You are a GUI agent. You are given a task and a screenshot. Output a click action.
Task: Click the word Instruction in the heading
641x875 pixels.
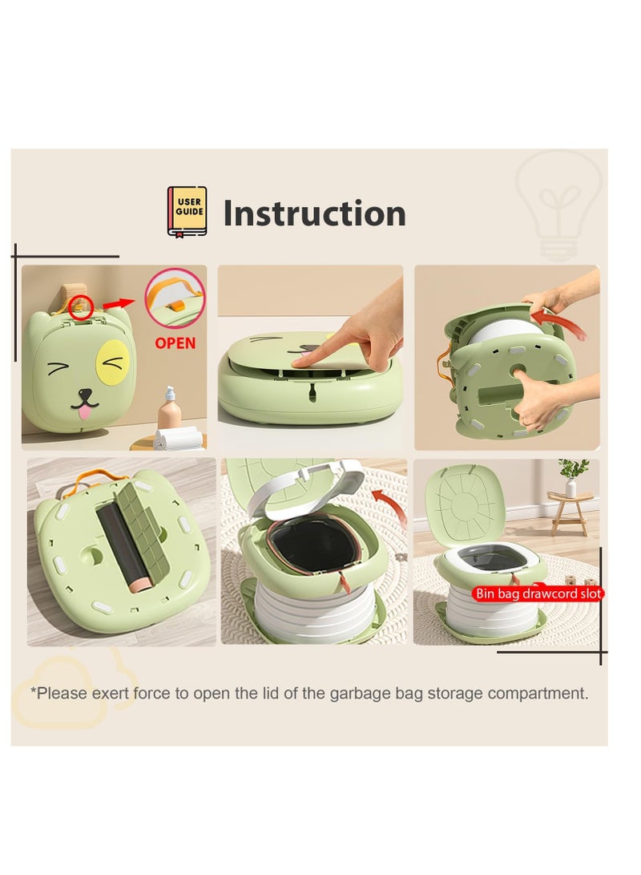[x=314, y=214]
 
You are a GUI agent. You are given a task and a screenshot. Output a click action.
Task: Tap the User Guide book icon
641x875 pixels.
[x=187, y=211]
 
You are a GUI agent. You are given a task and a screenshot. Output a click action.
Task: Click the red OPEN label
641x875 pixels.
[x=175, y=343]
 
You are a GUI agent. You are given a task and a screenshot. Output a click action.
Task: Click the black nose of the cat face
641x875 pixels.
[x=84, y=395]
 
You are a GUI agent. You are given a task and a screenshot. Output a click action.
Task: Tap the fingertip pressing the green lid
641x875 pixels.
[x=298, y=363]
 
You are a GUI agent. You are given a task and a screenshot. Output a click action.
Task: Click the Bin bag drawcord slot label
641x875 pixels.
[x=538, y=593]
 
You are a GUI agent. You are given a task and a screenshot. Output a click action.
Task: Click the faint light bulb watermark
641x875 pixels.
[x=558, y=201]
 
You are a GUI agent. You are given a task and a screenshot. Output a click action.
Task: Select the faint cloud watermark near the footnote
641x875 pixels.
[x=64, y=693]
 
